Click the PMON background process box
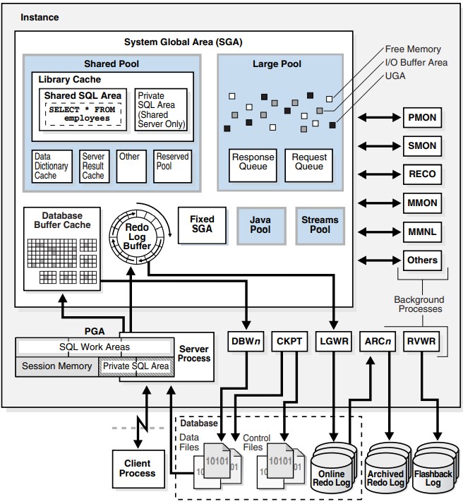[422, 118]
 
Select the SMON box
[422, 146]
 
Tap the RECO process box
[422, 174]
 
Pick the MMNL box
[422, 232]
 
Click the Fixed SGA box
[202, 225]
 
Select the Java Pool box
[260, 225]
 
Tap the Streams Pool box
[320, 225]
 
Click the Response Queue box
[253, 162]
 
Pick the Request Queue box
[308, 162]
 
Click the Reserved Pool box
[173, 166]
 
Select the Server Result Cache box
[93, 166]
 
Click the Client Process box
[137, 468]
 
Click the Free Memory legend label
[413, 49]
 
